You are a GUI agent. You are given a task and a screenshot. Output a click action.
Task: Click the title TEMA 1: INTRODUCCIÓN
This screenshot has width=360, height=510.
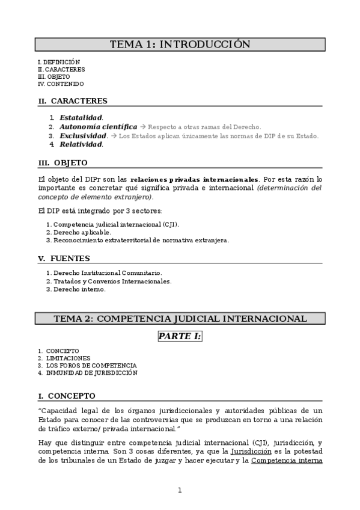(180, 45)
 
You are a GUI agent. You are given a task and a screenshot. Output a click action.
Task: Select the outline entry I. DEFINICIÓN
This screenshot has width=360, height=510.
(58, 62)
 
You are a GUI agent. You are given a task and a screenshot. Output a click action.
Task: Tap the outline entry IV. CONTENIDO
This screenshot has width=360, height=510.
(60, 84)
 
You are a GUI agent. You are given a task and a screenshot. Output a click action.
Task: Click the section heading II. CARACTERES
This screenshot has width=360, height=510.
(73, 100)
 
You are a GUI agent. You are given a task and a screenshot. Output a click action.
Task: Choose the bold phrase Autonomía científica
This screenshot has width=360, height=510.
(98, 127)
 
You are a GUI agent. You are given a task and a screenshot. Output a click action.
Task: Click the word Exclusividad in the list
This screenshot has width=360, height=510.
(84, 136)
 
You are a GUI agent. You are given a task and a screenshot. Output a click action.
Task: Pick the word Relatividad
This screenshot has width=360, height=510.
(81, 144)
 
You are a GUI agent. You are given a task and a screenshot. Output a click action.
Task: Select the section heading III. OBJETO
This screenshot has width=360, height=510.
(63, 163)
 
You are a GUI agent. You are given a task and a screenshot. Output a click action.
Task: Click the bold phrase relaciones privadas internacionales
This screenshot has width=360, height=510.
(194, 179)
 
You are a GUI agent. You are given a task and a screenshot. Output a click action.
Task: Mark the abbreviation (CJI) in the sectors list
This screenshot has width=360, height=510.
(170, 224)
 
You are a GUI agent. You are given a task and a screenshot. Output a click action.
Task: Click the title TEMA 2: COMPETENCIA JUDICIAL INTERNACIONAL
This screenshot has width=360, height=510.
(180, 319)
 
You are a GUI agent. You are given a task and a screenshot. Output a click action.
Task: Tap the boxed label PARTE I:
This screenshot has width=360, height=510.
(180, 336)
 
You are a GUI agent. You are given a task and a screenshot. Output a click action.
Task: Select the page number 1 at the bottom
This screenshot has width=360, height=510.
(180, 490)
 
